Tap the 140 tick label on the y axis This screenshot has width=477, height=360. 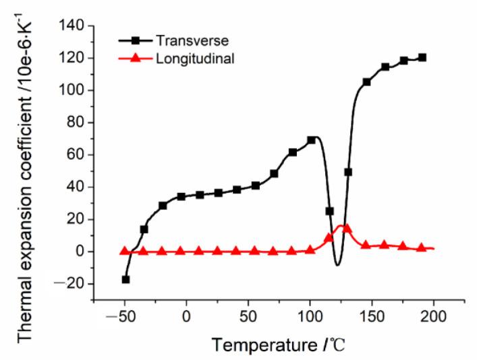pyautogui.click(x=72, y=26)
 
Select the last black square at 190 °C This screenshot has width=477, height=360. pyautogui.click(x=422, y=57)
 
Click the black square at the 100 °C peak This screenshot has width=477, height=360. pyautogui.click(x=311, y=140)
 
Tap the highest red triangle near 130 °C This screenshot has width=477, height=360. pyautogui.click(x=347, y=227)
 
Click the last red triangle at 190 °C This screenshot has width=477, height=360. pyautogui.click(x=422, y=247)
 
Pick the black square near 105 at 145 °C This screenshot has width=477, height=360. pyautogui.click(x=366, y=82)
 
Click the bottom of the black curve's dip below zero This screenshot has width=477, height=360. pyautogui.click(x=337, y=265)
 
